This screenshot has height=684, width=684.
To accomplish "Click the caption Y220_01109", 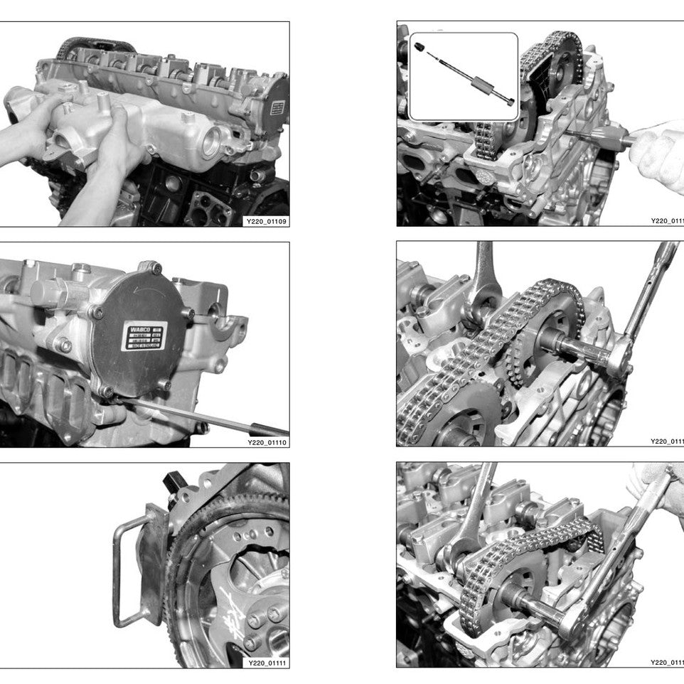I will (x=267, y=222).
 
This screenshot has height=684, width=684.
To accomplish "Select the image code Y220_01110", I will (x=267, y=442).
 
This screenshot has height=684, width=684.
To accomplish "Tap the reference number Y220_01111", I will (x=267, y=663).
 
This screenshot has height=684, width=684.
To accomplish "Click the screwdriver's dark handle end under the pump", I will (x=269, y=429).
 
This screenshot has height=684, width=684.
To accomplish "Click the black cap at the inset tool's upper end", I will (x=420, y=48).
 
